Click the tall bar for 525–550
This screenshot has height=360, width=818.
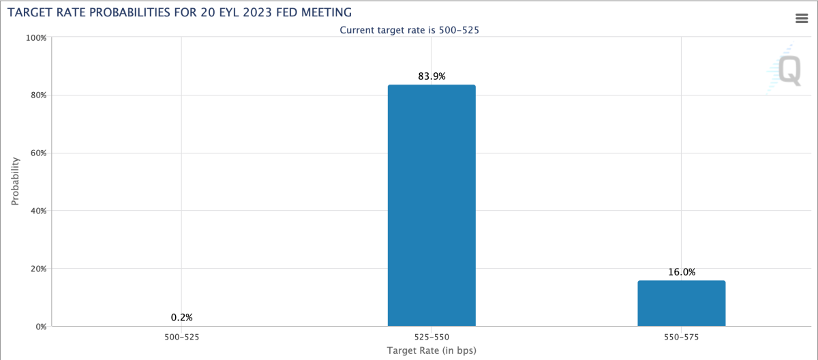[x=431, y=205]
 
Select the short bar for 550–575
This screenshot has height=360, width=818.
[x=681, y=303]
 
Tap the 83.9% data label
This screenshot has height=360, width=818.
[x=431, y=76]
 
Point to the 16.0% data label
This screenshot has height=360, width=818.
[x=681, y=272]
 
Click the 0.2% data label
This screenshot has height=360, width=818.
[x=182, y=317]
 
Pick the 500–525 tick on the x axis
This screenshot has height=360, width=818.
[x=182, y=337]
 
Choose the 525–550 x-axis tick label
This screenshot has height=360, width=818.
[x=431, y=337]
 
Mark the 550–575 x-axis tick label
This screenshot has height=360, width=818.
[x=681, y=337]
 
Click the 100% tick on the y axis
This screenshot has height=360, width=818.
[x=35, y=37]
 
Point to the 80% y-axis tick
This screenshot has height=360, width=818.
[x=37, y=95]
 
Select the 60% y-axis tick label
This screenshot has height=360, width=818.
[x=37, y=153]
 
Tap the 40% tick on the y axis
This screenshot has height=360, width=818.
[x=37, y=211]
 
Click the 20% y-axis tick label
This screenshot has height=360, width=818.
[x=37, y=269]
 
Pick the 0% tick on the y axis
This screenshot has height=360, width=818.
[x=40, y=326]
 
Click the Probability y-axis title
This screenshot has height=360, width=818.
[x=15, y=181]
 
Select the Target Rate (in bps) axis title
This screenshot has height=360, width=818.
[x=431, y=351]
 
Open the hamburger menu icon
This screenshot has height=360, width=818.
[x=802, y=18]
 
